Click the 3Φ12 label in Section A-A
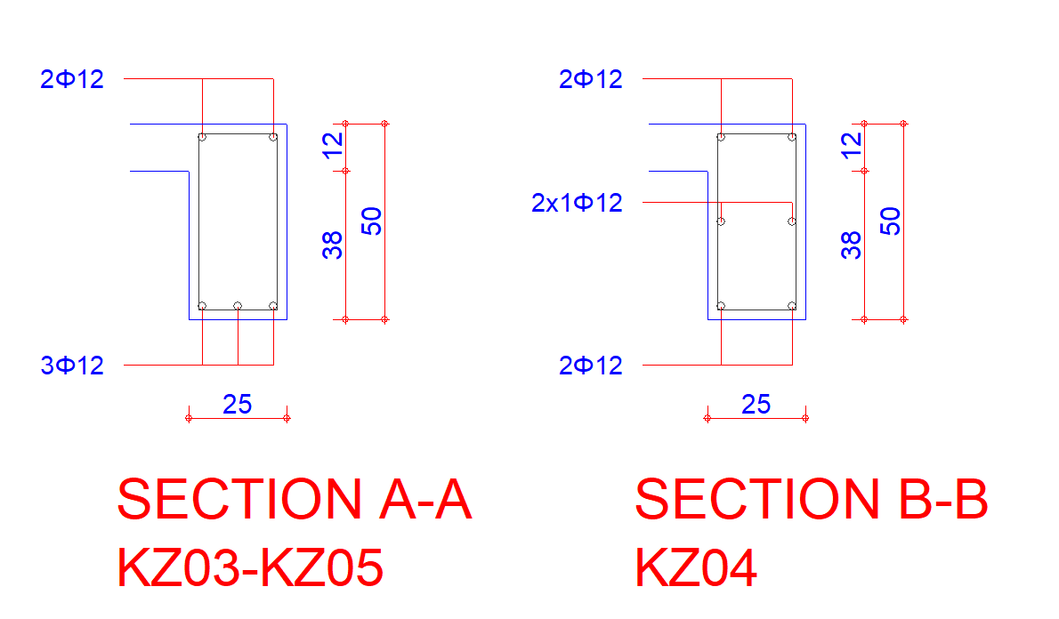pyautogui.click(x=72, y=366)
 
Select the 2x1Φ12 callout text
pyautogui.click(x=577, y=203)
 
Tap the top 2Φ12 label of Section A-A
pyautogui.click(x=72, y=79)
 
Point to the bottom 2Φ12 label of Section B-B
pyautogui.click(x=591, y=366)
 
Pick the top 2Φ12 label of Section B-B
pyautogui.click(x=591, y=79)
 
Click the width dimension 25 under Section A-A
pyautogui.click(x=237, y=405)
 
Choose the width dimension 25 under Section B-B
pyautogui.click(x=756, y=405)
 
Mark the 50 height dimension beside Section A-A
pyautogui.click(x=371, y=221)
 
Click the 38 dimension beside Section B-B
pyautogui.click(x=851, y=245)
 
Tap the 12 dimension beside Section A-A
pyautogui.click(x=332, y=146)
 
